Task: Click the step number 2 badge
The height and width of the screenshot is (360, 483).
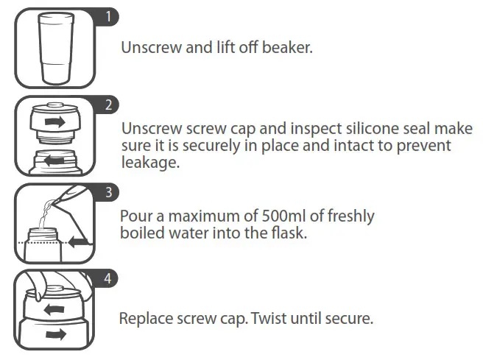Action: [x=107, y=104]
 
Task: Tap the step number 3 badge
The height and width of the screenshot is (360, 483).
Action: [x=107, y=192]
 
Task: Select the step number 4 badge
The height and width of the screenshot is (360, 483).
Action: [x=107, y=279]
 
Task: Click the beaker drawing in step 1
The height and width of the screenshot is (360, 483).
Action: [x=54, y=49]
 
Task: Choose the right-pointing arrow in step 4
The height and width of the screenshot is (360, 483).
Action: [x=53, y=335]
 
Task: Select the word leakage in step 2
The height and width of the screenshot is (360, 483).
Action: [x=150, y=163]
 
